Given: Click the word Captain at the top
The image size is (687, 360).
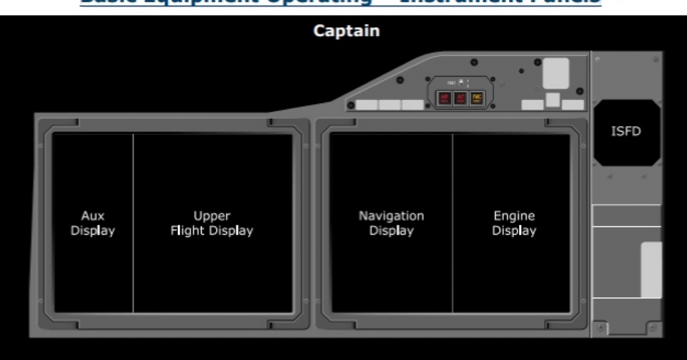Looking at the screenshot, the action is [346, 31].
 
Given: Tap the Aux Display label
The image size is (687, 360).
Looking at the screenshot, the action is [93, 223].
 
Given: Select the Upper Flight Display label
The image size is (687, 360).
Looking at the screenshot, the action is [212, 223].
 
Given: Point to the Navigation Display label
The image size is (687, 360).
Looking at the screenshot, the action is [391, 223].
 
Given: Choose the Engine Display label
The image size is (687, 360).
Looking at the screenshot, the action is [514, 223].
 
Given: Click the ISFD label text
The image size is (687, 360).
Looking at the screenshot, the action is [626, 131].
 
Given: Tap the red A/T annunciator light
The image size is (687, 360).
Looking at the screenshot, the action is [460, 98].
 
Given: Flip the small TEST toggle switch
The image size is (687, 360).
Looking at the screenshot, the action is [461, 82].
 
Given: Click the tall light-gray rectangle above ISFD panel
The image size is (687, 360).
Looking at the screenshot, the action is [556, 73].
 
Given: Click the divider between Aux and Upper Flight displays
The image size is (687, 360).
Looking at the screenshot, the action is [133, 223].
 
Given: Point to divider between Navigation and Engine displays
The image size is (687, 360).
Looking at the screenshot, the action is [453, 223].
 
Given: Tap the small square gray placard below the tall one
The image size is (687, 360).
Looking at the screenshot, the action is [553, 99].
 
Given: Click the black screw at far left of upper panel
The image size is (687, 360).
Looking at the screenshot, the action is [351, 106].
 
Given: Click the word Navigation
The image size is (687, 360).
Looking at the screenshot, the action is [391, 216].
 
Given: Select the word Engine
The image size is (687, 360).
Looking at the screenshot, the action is [514, 216].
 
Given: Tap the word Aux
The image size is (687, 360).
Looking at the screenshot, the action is [93, 216].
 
